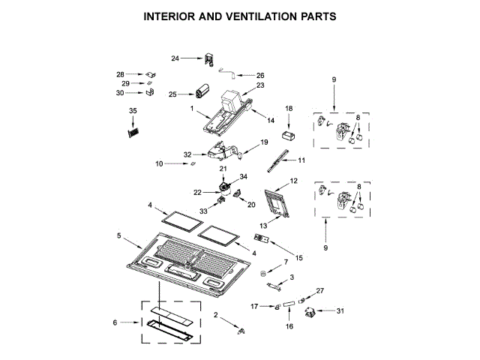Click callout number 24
(175, 58)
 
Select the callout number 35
(133, 111)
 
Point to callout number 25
(172, 94)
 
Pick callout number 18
(289, 109)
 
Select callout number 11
(302, 160)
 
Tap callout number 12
(294, 181)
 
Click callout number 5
(119, 235)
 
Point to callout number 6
(115, 322)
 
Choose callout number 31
(340, 310)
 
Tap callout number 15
(298, 258)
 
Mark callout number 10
(159, 163)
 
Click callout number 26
(260, 76)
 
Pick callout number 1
(191, 109)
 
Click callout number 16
(288, 327)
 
